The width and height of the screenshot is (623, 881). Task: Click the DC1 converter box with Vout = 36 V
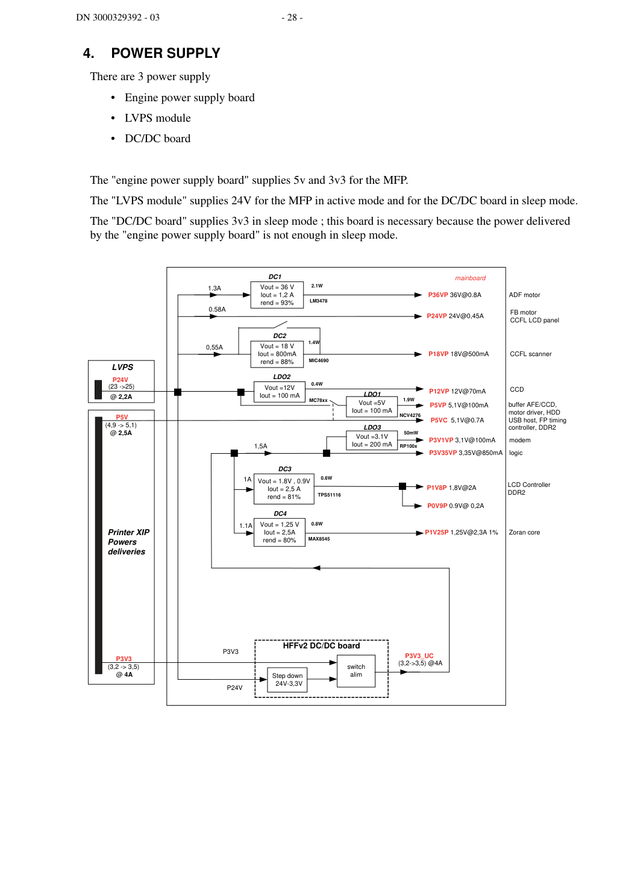(277, 295)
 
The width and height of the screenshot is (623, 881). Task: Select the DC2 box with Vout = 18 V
(277, 354)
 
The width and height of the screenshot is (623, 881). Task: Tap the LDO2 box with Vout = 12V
(279, 392)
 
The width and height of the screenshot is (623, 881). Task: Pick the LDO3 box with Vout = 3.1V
(372, 440)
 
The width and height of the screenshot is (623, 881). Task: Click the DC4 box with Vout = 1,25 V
(279, 533)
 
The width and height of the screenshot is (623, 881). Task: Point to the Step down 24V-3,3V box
(287, 680)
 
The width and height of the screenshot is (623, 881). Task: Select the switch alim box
(356, 671)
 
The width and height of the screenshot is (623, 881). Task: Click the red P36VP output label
(438, 295)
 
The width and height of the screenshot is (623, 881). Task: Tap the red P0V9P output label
(437, 506)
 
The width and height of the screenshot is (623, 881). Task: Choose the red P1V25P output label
(437, 533)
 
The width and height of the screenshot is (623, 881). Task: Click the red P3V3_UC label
(419, 656)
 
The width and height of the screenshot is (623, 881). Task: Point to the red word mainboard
(471, 278)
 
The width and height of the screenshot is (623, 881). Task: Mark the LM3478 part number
(318, 301)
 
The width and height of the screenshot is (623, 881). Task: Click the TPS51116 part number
(329, 495)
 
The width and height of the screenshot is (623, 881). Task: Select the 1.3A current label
(214, 288)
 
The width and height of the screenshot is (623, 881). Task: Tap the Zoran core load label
(524, 533)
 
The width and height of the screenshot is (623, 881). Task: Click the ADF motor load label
(524, 295)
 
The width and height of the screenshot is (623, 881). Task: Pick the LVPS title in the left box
(122, 367)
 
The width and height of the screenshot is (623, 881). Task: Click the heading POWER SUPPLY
(166, 53)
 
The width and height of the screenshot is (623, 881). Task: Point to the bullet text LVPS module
(158, 118)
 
